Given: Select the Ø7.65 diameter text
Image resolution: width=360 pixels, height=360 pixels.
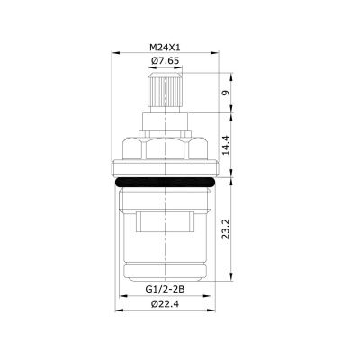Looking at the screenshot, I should point(166,61).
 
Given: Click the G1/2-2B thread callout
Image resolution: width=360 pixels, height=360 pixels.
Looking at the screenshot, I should point(166,290).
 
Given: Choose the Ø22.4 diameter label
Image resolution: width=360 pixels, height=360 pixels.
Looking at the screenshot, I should point(166,304).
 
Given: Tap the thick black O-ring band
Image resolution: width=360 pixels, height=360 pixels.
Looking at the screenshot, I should point(166,180).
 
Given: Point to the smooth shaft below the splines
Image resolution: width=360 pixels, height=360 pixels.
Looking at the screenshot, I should point(166,123).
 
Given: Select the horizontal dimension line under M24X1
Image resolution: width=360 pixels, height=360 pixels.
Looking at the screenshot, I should point(166,53).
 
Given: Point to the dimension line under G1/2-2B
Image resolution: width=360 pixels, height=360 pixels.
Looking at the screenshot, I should point(166,297).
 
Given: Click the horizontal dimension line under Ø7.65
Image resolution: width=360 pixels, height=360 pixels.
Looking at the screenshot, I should point(166,68).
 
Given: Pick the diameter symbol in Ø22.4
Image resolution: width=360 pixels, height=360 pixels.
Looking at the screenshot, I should point(150,304).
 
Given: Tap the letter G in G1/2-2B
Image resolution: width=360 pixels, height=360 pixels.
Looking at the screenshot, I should point(148,290).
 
